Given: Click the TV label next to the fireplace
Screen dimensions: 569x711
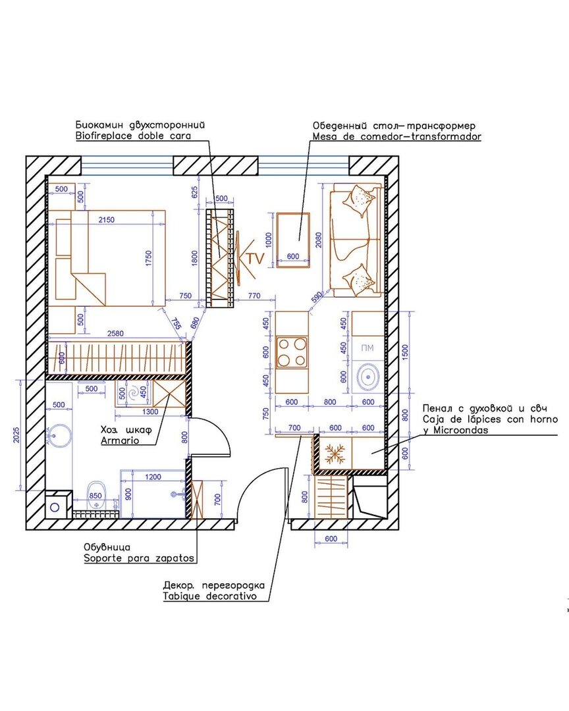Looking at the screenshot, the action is [256, 259].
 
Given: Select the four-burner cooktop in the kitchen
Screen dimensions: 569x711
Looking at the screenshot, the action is [292, 352].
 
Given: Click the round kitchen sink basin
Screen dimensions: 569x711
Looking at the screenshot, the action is [368, 377].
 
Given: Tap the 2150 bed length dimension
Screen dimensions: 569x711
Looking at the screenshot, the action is [106, 220].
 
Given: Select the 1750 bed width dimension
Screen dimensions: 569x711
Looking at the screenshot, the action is [149, 259].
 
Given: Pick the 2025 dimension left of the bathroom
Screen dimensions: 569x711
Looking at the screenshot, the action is [16, 435].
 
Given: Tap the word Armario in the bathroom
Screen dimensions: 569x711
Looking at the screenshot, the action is [120, 440].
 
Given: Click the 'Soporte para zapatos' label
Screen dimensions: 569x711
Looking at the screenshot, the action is [139, 558].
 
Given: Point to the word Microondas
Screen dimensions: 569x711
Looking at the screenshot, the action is [460, 430].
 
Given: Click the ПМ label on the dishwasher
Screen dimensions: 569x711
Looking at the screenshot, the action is [367, 348].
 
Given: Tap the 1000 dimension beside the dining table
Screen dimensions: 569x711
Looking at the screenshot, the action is [268, 240].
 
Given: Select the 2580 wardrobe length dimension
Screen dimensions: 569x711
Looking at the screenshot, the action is [115, 334].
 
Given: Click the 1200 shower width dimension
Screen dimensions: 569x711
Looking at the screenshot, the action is [153, 477].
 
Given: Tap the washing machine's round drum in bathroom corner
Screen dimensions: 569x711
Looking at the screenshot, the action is [55, 507].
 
